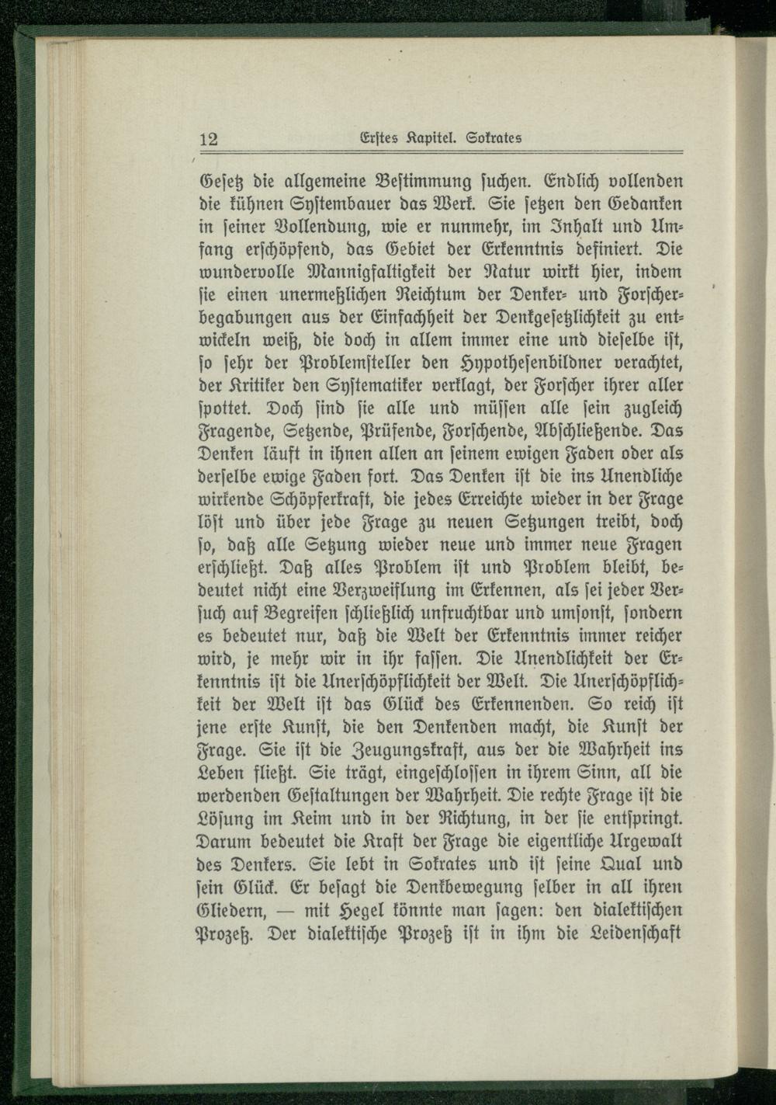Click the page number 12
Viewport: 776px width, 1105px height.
click(x=209, y=140)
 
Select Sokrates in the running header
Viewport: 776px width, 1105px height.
click(x=493, y=138)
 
